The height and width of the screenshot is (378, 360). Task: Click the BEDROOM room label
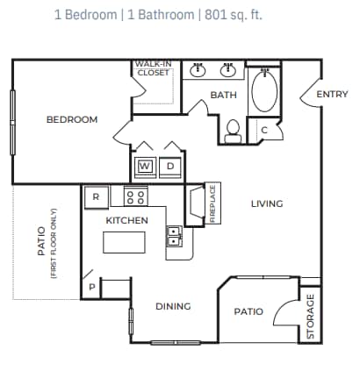click(72, 119)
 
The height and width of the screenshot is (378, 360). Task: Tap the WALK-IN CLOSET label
click(153, 68)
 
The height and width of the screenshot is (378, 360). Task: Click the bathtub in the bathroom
click(263, 90)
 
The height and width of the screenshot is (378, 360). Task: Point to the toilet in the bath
click(234, 132)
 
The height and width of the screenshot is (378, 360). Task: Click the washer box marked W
click(144, 165)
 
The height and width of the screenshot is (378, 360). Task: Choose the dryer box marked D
click(171, 165)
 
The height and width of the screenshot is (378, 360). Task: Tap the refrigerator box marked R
click(97, 197)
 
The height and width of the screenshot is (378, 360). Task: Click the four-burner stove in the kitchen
click(136, 196)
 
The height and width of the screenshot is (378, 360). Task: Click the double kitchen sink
click(174, 236)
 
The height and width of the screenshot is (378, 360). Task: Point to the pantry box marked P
click(91, 286)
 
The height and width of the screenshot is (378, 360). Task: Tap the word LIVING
click(267, 203)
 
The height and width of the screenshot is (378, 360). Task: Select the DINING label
click(173, 306)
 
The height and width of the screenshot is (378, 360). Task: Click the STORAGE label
click(310, 316)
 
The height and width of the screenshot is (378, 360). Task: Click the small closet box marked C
click(264, 131)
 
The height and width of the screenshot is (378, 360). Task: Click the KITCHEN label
click(127, 220)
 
